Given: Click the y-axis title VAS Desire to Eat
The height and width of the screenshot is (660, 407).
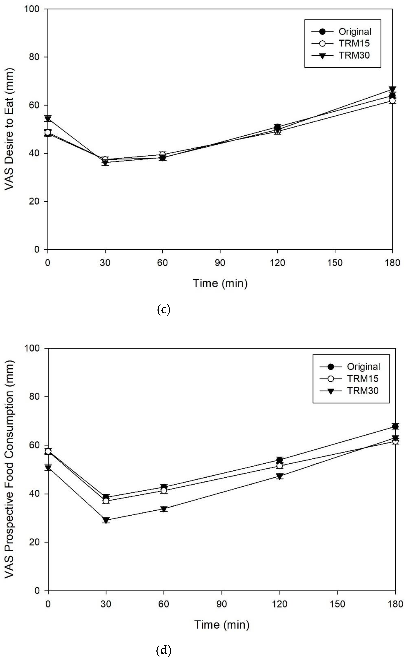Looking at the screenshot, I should (x=10, y=129).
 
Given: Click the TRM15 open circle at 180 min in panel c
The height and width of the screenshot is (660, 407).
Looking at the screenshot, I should (x=392, y=101).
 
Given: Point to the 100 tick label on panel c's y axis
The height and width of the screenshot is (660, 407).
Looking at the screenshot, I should (x=32, y=9).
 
